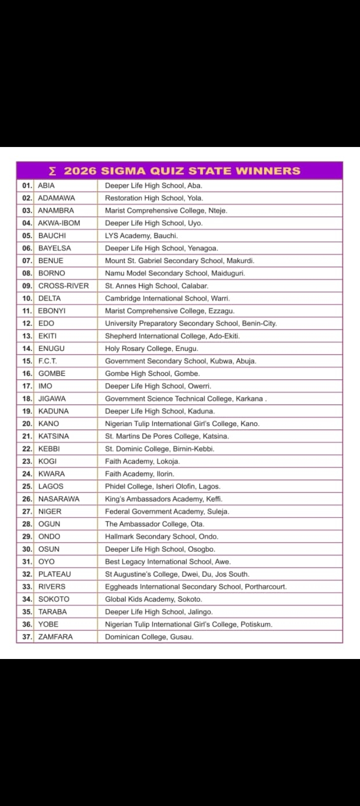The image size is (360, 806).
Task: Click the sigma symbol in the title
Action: click(x=52, y=171)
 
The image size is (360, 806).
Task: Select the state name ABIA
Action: click(x=46, y=185)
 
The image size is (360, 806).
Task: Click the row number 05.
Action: click(x=27, y=235)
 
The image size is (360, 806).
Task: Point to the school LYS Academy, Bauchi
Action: click(x=141, y=235)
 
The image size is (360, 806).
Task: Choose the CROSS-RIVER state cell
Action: click(x=63, y=286)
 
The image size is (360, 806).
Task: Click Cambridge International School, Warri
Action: click(x=167, y=298)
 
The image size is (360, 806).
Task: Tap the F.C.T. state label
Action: click(x=47, y=361)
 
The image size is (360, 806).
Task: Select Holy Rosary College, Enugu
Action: click(x=151, y=348)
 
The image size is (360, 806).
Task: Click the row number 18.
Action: click(x=27, y=398)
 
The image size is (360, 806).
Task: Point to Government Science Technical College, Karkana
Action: click(x=184, y=398)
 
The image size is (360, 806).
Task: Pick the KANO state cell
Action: click(x=48, y=423)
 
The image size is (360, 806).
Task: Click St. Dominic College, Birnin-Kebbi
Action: click(x=159, y=448)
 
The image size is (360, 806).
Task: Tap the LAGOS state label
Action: click(x=51, y=486)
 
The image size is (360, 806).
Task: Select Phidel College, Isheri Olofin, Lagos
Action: click(x=162, y=486)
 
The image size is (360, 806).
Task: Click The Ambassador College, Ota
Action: click(x=154, y=524)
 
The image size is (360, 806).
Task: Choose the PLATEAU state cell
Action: click(x=54, y=574)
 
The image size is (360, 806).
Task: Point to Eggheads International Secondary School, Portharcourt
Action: click(x=195, y=586)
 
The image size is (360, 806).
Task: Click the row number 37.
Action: click(x=27, y=636)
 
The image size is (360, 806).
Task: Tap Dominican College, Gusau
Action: click(x=149, y=636)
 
